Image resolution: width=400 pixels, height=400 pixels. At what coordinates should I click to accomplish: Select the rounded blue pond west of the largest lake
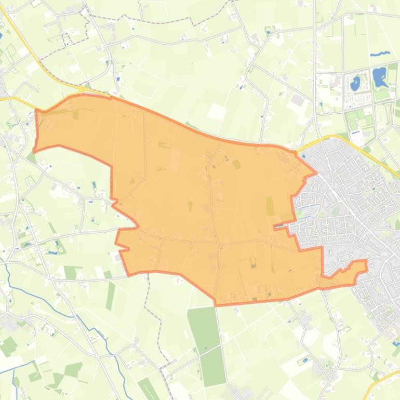click(x=356, y=82)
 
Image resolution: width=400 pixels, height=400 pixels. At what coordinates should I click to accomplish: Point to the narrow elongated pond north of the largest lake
click(x=380, y=54)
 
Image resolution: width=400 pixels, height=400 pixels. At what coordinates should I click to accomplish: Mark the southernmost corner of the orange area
click(x=216, y=304)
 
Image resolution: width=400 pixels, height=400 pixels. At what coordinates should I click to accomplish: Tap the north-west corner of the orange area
click(x=36, y=111)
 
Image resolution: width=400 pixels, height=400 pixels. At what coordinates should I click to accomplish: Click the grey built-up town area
click(x=353, y=208)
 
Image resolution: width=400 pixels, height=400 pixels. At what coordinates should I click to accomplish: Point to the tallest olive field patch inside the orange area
click(x=270, y=206)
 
